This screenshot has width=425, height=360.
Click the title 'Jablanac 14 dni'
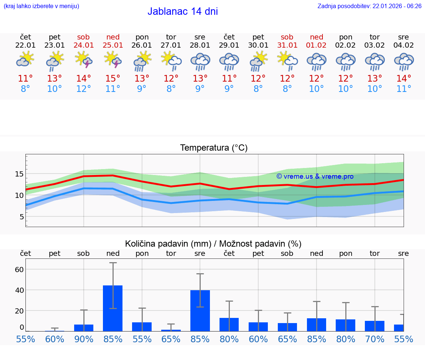183,11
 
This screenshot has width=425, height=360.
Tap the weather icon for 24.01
83,60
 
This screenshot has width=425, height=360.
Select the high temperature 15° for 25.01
113,79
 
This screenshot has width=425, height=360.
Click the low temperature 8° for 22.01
25,89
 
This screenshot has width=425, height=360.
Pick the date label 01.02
316,45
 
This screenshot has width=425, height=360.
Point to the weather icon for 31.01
287,60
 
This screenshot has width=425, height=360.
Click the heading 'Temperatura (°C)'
214,148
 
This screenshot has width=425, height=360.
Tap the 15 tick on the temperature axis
19,174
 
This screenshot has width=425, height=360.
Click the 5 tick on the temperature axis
21,217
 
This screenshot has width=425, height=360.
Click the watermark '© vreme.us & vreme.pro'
315,176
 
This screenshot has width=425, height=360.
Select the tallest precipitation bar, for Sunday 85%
113,308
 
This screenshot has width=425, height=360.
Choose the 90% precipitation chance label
84,339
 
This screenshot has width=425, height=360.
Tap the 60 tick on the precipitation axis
19,270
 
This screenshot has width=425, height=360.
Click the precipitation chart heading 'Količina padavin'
213,244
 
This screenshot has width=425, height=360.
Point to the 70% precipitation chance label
374,339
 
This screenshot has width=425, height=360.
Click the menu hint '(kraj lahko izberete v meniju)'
41,6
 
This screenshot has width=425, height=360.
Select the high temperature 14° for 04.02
404,79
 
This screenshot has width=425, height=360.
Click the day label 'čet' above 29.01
229,37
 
